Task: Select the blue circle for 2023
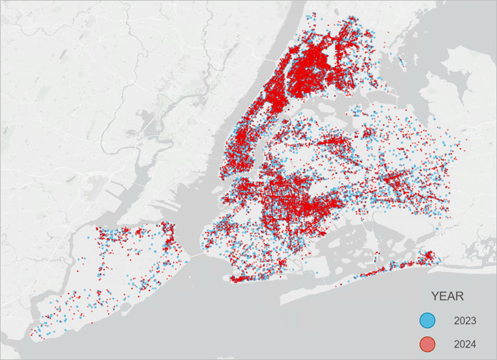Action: pos(428,321)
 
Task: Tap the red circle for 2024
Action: pos(428,344)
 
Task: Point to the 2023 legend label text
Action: pos(465,321)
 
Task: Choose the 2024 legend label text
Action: pos(465,344)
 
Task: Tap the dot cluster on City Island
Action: pos(401,63)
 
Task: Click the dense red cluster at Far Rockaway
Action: pos(423,257)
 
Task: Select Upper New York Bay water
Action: pos(198,211)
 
